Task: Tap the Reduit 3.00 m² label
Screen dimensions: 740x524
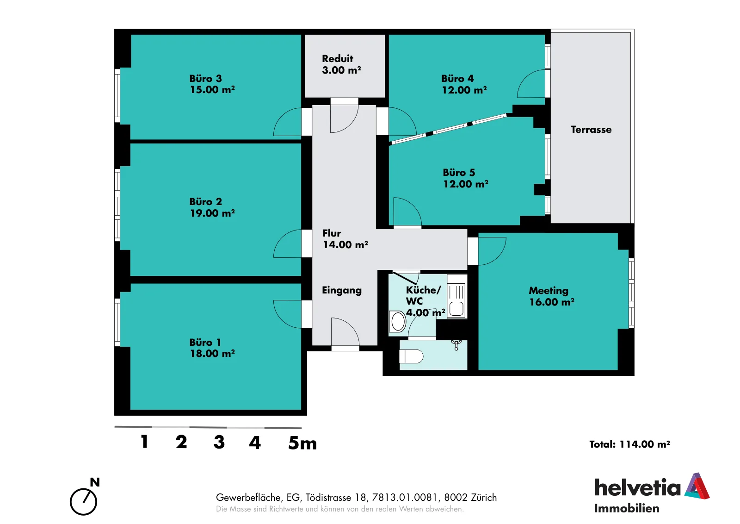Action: pyautogui.click(x=341, y=64)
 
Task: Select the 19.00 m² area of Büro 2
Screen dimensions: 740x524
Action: pyautogui.click(x=212, y=213)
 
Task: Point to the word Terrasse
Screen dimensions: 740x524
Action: pyautogui.click(x=591, y=130)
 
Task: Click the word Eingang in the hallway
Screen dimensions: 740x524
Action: pyautogui.click(x=342, y=291)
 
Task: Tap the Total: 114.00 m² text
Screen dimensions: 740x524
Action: pyautogui.click(x=629, y=444)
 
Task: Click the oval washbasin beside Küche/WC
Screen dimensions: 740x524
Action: pyautogui.click(x=398, y=321)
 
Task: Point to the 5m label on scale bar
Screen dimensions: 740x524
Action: pyautogui.click(x=302, y=443)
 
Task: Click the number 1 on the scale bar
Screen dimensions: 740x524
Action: pyautogui.click(x=144, y=442)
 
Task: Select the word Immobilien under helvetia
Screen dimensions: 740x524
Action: pyautogui.click(x=626, y=508)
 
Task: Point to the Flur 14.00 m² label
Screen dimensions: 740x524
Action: pyautogui.click(x=345, y=239)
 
